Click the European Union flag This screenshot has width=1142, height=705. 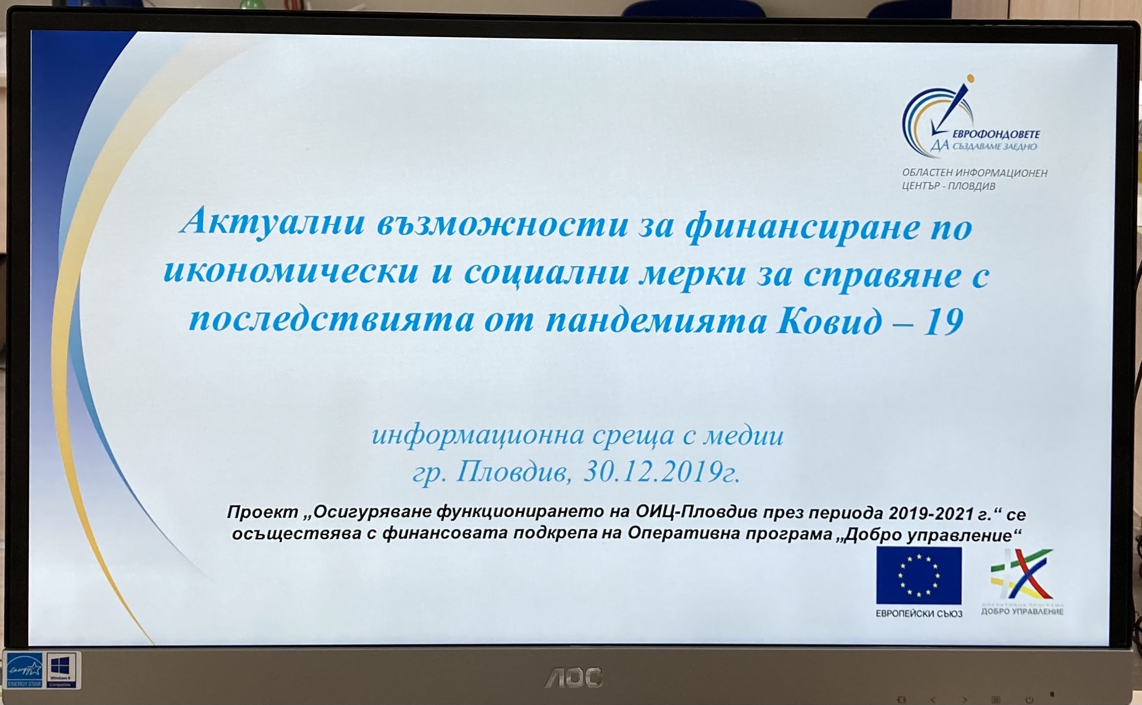pyautogui.click(x=919, y=575)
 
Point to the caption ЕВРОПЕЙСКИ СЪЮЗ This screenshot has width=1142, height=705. pyautogui.click(x=919, y=614)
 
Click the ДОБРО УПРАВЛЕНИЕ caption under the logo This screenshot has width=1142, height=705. pyautogui.click(x=1022, y=611)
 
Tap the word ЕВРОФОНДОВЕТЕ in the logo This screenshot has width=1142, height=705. pyautogui.click(x=996, y=135)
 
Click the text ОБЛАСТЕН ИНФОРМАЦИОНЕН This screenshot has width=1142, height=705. pyautogui.click(x=975, y=173)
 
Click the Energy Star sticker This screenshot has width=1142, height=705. pyautogui.click(x=24, y=670)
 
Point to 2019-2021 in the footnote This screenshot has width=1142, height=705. pyautogui.click(x=931, y=513)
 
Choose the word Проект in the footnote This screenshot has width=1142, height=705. pyautogui.click(x=262, y=512)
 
